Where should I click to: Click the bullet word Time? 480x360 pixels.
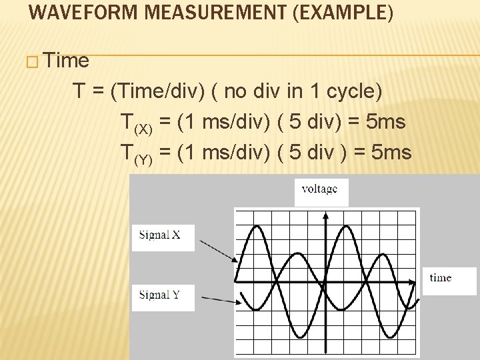tap(68, 61)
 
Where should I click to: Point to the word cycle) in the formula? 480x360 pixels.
tap(358, 91)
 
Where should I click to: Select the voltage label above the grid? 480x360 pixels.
tap(320, 189)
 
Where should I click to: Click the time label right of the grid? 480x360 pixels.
tap(441, 278)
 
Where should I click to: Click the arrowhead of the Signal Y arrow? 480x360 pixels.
tap(236, 301)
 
